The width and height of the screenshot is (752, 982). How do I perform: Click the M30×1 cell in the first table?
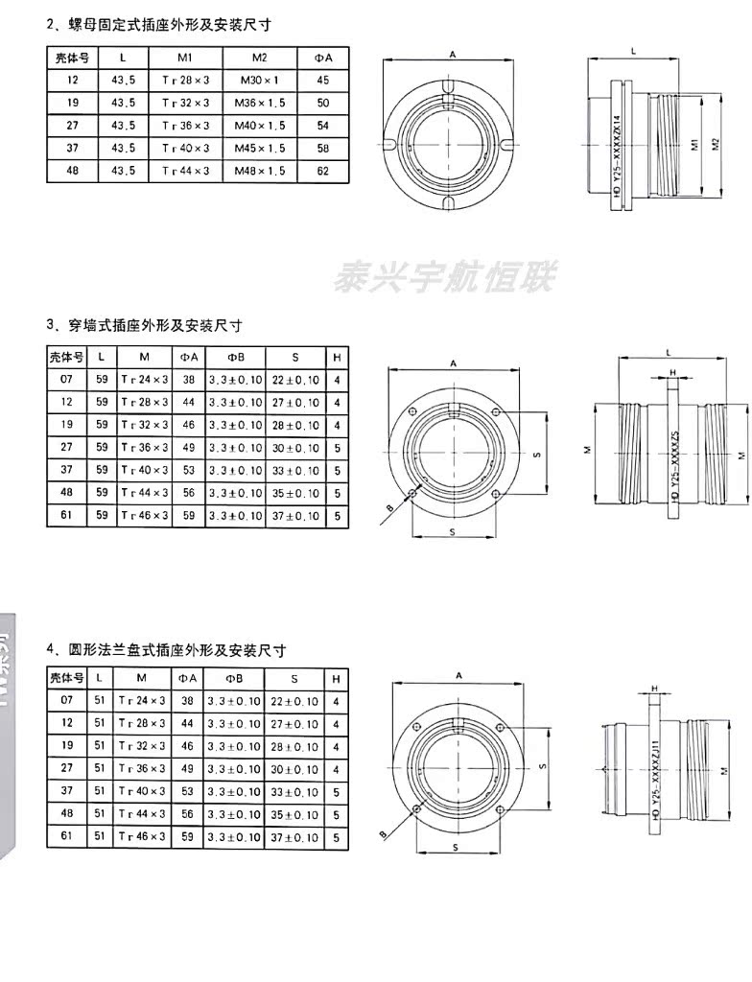coord(259,81)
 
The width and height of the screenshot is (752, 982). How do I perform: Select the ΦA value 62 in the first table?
coord(322,171)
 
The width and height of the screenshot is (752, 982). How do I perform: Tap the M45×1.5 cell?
coord(259,149)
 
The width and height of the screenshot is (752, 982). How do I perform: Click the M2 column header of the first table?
coord(259,58)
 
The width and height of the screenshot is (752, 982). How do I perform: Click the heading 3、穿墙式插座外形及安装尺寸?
coord(144,324)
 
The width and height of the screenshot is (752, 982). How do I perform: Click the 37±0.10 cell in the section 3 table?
coord(294,515)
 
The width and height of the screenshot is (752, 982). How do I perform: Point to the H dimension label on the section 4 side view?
coord(653,689)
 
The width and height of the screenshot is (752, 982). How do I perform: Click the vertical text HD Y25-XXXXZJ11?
coord(656,779)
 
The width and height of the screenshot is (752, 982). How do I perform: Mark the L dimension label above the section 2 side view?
coord(634,48)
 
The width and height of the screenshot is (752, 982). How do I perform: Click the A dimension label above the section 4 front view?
coord(459,675)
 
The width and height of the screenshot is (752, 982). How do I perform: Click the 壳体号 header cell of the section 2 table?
coord(73,58)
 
